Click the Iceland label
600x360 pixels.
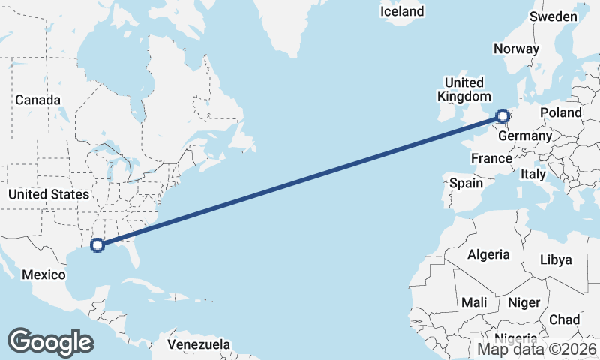point(402,11)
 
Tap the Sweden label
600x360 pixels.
point(553,16)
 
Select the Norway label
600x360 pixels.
point(516,49)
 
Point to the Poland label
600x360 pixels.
point(560,112)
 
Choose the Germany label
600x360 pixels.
point(524,136)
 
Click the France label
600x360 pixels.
point(490,158)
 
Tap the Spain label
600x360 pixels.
point(466,183)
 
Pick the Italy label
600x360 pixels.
point(533,174)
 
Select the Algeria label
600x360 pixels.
point(488,254)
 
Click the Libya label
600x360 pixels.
point(556,259)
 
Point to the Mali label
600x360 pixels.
point(474,302)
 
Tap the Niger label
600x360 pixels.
point(523,302)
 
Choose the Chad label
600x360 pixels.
point(564,319)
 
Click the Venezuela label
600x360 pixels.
point(198,344)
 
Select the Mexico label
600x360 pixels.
point(43,274)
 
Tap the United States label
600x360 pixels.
point(48,194)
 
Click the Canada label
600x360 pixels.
point(37,99)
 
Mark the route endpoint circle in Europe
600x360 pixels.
point(502,116)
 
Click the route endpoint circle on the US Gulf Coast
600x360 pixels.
point(97,244)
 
